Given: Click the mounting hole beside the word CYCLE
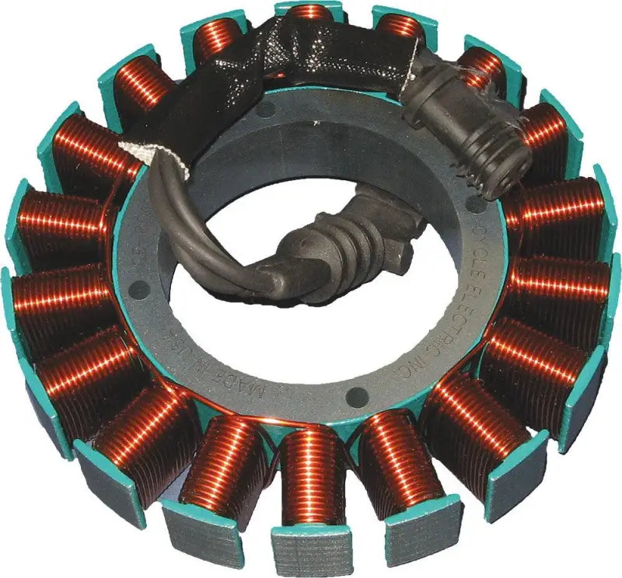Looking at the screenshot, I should point(471,204).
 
